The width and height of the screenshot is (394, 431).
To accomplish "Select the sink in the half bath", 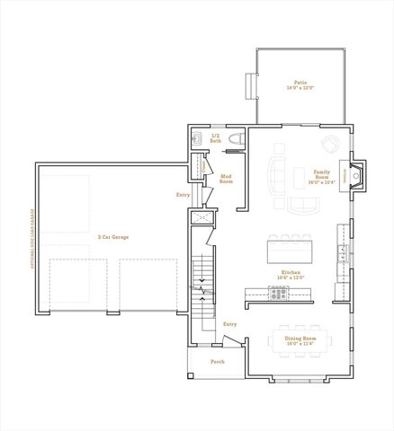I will [197, 137].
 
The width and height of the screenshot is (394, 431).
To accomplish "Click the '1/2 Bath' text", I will [216, 138].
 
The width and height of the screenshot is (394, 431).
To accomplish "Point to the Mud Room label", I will [227, 179].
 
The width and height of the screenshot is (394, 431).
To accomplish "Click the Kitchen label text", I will [289, 277].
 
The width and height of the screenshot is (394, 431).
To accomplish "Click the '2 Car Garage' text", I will [113, 237].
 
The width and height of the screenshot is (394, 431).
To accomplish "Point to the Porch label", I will [217, 362].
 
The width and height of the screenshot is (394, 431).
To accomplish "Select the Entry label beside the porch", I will [229, 324].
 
